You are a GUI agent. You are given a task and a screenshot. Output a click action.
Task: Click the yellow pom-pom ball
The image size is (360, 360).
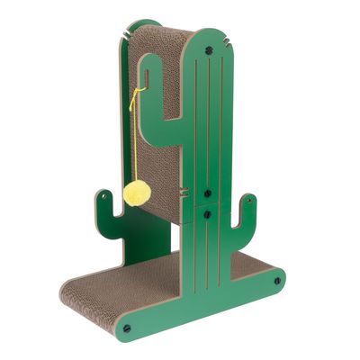click(137, 192)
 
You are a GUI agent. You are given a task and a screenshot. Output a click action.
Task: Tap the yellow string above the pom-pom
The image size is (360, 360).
click(136, 135)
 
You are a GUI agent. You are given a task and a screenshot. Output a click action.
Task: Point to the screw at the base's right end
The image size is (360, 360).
click(276, 280)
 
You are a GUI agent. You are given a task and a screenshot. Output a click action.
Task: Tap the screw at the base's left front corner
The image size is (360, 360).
click(126, 327)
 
